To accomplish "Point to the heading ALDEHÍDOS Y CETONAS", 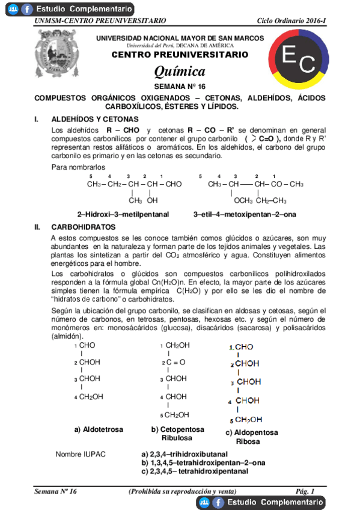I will pyautogui.click(x=95, y=119).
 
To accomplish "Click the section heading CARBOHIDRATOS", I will pyautogui.click(x=82, y=227).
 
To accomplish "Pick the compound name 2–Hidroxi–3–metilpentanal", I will pyautogui.click(x=123, y=214).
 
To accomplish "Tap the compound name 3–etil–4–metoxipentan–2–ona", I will pyautogui.click(x=245, y=214).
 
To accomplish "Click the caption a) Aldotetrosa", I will pyautogui.click(x=99, y=429).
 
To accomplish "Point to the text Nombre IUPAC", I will pyautogui.click(x=80, y=453).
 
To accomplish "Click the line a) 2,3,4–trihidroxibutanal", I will pyautogui.click(x=185, y=454).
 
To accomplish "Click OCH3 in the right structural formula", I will pyautogui.click(x=244, y=201).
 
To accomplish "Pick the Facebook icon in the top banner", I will pyautogui.click(x=26, y=9).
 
